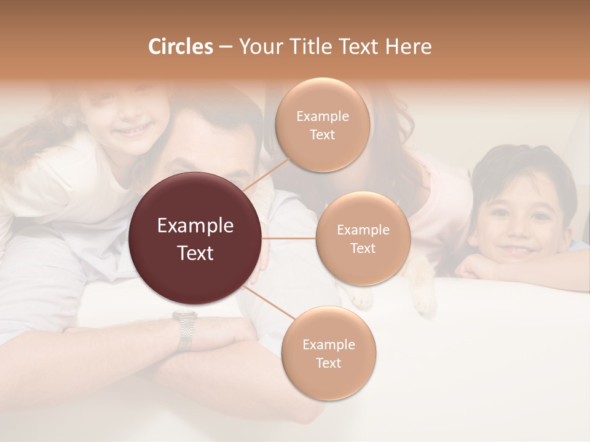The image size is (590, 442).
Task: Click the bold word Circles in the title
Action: pos(180,47)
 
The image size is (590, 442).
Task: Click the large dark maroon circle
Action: pos(195,239)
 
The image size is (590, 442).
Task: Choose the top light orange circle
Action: pos(323,125)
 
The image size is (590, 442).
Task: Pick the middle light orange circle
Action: pos(363,238)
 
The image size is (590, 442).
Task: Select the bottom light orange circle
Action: pos(328,353)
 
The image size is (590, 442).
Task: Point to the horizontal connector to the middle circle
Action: pos(289,238)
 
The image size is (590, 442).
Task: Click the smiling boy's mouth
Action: pos(517,251)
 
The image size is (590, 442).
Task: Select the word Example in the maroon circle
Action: pos(195,226)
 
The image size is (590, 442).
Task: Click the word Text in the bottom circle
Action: pos(328,363)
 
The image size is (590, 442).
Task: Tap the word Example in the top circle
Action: pos(323,116)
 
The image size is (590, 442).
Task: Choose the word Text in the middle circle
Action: pos(363,248)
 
